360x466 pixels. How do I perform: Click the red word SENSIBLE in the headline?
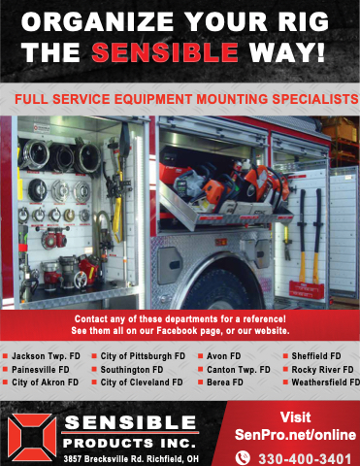tap(165, 51)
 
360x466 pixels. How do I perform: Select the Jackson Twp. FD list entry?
tap(46, 356)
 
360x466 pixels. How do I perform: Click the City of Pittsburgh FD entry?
tap(143, 356)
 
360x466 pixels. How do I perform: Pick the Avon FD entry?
tap(224, 356)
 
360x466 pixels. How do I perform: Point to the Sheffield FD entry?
tap(316, 356)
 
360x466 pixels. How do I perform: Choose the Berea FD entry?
tap(225, 383)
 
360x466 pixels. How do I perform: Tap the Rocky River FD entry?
tap(322, 369)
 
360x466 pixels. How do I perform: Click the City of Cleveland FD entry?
tap(142, 383)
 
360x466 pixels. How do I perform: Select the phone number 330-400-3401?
tap(305, 459)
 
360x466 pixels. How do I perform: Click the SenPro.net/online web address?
tap(295, 435)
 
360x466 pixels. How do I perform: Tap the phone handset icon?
tap(243, 458)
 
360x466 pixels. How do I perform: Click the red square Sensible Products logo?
tap(32, 437)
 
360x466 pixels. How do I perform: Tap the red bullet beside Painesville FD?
tap(5, 369)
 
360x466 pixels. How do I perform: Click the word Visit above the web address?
tap(295, 417)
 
